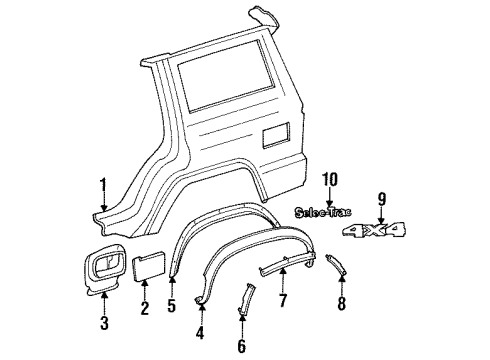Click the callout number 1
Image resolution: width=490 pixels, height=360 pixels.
pos(102,183)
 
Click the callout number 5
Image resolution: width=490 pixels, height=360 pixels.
pos(170,307)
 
